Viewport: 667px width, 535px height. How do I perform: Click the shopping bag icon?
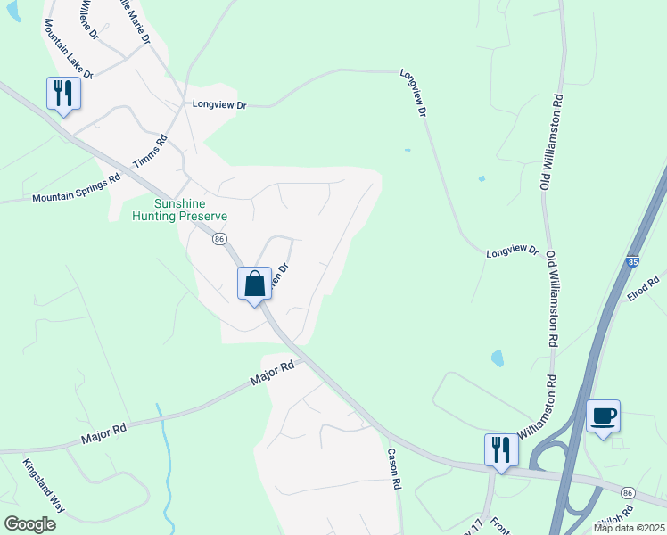255,284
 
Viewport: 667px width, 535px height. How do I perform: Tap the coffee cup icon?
604,416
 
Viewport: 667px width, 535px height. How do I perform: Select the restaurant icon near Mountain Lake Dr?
63,93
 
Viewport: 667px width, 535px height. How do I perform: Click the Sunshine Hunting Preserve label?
179,210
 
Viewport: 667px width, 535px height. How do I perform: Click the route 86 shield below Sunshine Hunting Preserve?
219,239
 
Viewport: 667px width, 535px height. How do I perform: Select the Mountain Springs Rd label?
76,188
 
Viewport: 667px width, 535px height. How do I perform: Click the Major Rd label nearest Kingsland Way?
104,433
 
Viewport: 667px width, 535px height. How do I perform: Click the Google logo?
29,524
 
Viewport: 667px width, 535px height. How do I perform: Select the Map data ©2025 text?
629,528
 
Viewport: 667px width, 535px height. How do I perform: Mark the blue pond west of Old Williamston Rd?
497,358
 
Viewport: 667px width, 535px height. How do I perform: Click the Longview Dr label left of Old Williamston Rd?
513,253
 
